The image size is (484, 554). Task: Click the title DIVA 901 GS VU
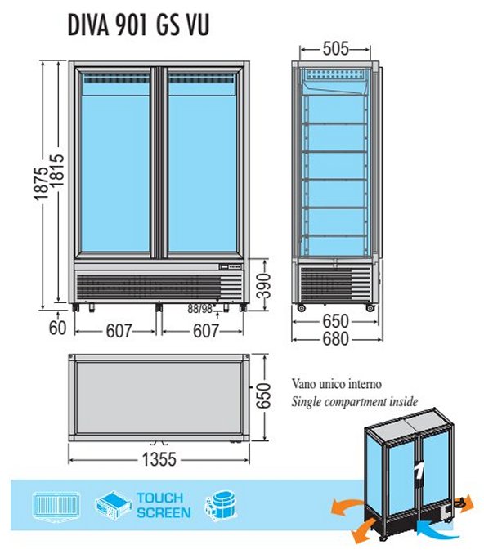[138, 25]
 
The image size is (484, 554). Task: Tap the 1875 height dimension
[42, 184]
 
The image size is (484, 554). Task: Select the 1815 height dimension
[57, 170]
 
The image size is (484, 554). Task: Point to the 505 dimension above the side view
[335, 49]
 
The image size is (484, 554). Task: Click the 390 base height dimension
[263, 285]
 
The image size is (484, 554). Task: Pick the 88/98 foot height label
[200, 309]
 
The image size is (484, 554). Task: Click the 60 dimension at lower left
[57, 328]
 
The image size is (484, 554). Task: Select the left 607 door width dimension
[119, 331]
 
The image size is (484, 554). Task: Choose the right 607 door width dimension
[206, 331]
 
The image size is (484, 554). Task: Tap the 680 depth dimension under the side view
[335, 339]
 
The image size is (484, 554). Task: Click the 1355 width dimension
[159, 460]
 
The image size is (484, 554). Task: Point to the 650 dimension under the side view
[335, 321]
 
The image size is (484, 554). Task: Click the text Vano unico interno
[337, 384]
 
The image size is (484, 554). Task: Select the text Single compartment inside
[355, 402]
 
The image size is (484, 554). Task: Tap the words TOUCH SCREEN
[164, 505]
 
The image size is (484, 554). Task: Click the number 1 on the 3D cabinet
[419, 471]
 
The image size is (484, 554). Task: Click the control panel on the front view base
[231, 266]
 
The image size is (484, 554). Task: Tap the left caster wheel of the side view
[301, 308]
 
